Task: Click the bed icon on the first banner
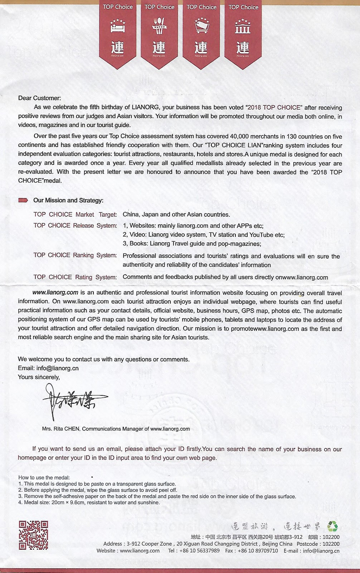pos(118,26)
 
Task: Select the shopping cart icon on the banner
pos(201,26)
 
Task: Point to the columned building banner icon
pos(243,26)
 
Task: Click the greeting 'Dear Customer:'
pos(40,98)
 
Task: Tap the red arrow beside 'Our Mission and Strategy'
pos(23,200)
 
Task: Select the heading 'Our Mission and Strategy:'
pos(68,200)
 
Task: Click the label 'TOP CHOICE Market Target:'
pos(75,215)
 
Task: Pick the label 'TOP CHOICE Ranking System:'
pos(75,255)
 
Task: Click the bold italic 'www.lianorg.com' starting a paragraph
pos(55,293)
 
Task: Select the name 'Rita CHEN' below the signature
pos(67,429)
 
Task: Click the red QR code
pos(33,535)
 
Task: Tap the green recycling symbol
pos(332,526)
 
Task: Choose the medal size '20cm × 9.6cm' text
pos(68,502)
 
